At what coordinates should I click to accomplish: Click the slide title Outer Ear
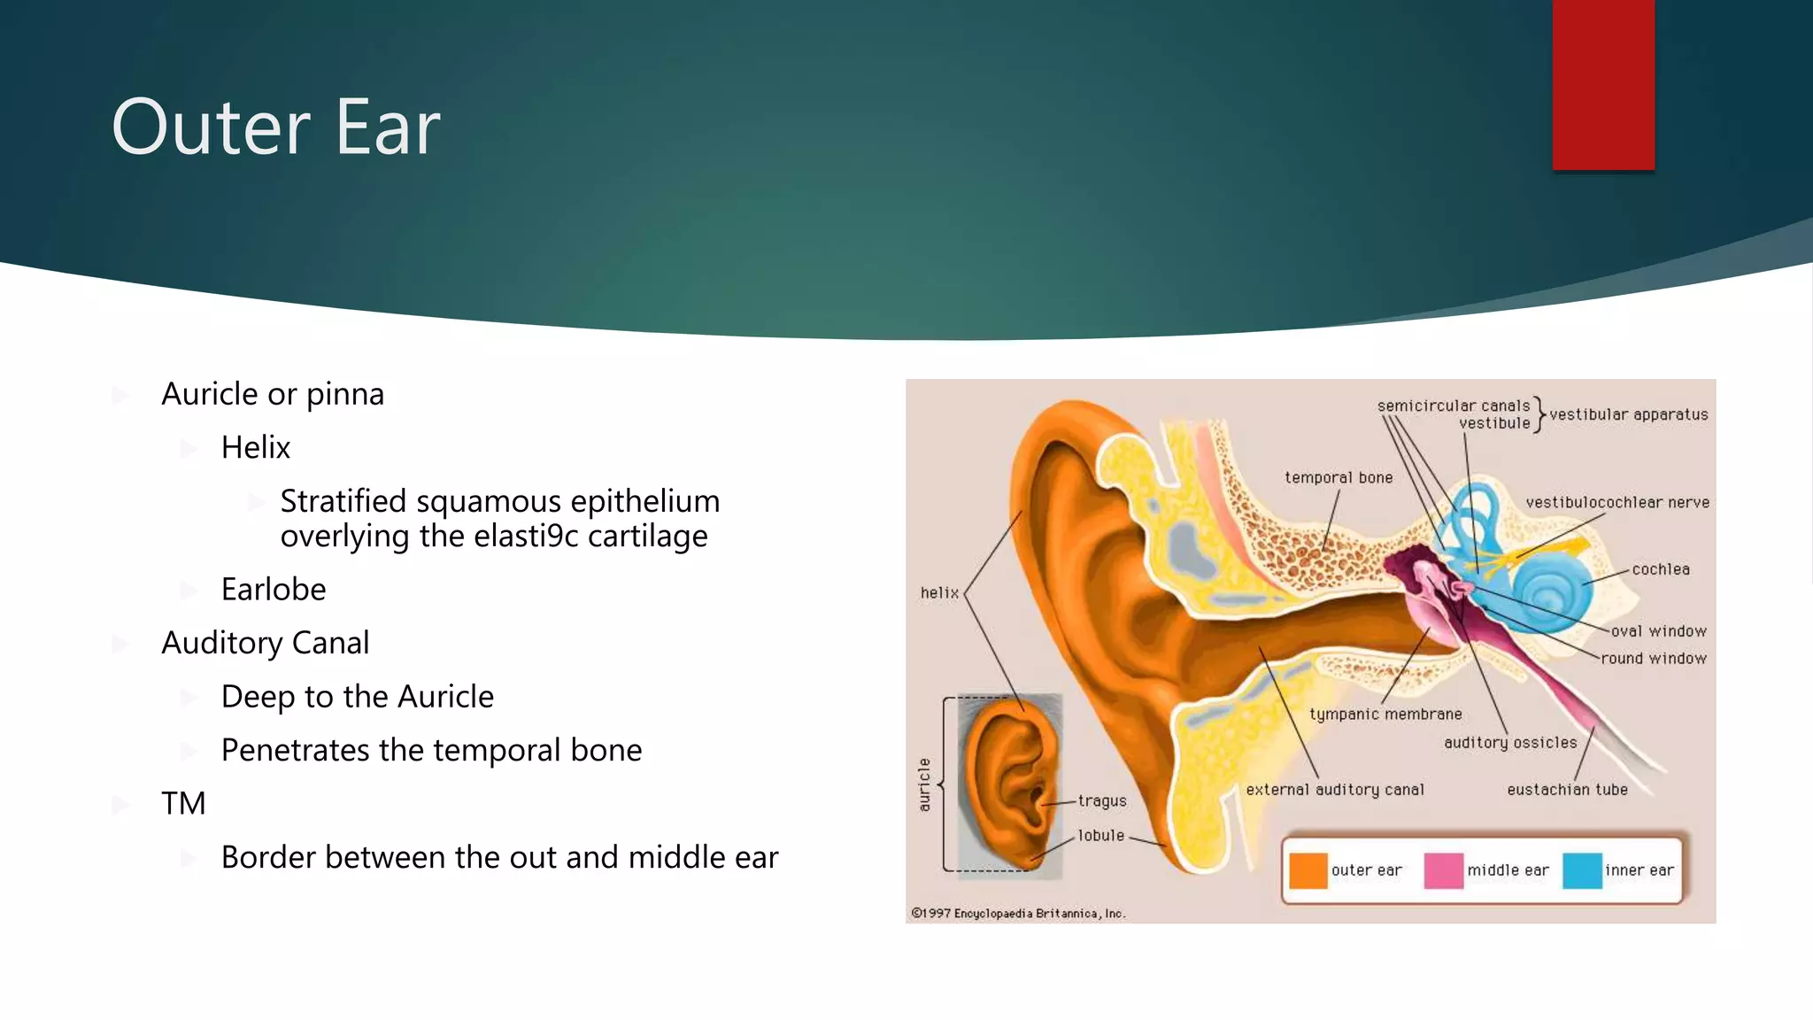pyautogui.click(x=275, y=127)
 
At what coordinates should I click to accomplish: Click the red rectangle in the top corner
pyautogui.click(x=1602, y=84)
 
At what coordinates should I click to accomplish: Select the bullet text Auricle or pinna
pyautogui.click(x=273, y=394)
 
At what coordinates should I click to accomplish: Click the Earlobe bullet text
pyautogui.click(x=274, y=590)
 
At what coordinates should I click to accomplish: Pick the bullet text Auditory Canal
pyautogui.click(x=266, y=643)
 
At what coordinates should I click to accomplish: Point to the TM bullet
pyautogui.click(x=183, y=804)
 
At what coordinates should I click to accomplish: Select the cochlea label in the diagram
pyautogui.click(x=1661, y=569)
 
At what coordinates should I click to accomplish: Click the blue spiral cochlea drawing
pyautogui.click(x=1551, y=591)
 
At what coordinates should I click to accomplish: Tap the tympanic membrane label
pyautogui.click(x=1385, y=714)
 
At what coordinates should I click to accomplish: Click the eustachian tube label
pyautogui.click(x=1567, y=790)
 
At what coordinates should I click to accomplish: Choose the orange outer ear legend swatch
pyautogui.click(x=1308, y=870)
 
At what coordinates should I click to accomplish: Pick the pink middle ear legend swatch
pyautogui.click(x=1443, y=870)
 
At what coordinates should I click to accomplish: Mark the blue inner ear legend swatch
pyautogui.click(x=1582, y=870)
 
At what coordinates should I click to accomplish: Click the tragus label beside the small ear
pyautogui.click(x=1102, y=801)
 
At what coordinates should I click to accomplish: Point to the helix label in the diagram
pyautogui.click(x=939, y=593)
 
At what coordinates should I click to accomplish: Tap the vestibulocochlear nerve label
pyautogui.click(x=1617, y=503)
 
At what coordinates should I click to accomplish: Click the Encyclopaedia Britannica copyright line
pyautogui.click(x=1018, y=914)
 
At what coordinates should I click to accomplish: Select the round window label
pyautogui.click(x=1653, y=659)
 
